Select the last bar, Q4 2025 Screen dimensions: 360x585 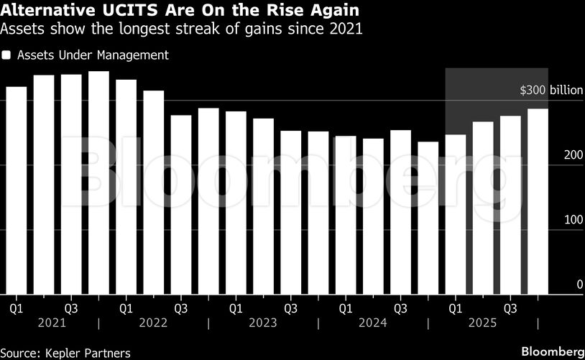(x=538, y=201)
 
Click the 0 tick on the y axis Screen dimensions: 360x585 (x=579, y=285)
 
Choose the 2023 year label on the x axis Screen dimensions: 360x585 (x=262, y=323)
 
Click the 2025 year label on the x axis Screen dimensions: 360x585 (x=482, y=323)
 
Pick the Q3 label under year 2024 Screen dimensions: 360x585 (x=400, y=308)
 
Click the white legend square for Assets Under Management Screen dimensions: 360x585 (x=7, y=55)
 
